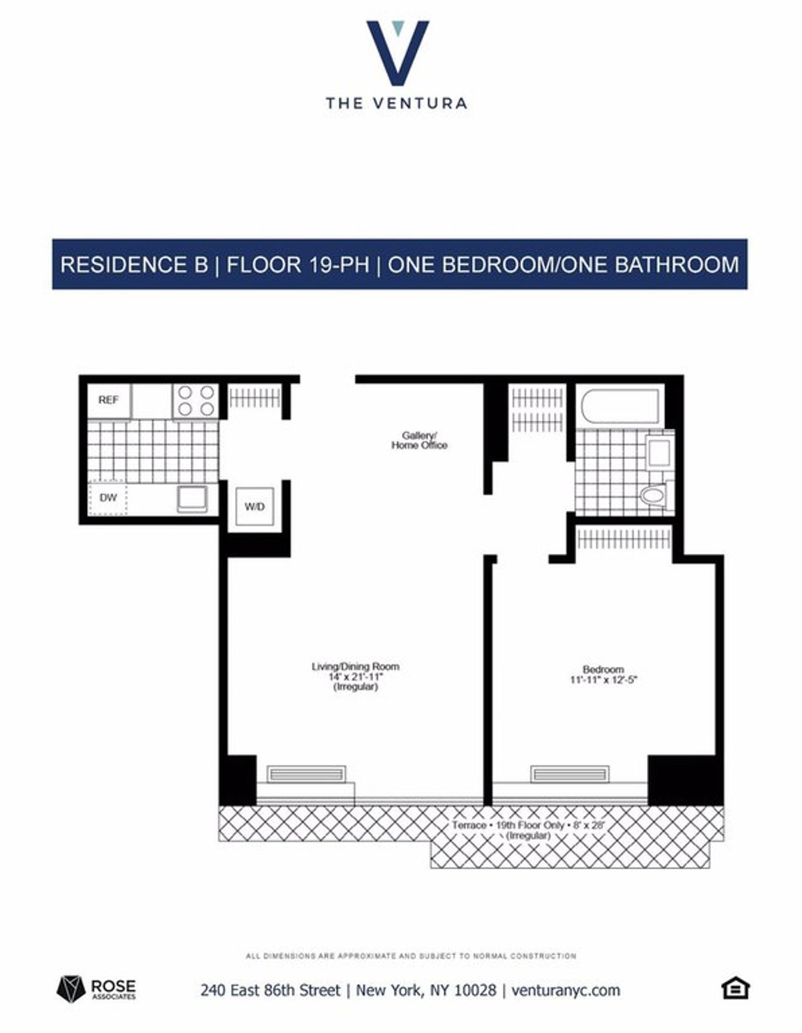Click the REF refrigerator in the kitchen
(x=109, y=400)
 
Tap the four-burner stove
(x=196, y=401)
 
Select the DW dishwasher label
(x=108, y=498)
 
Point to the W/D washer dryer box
(x=254, y=506)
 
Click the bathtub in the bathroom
(x=620, y=406)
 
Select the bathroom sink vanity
(x=659, y=453)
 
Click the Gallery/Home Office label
(x=419, y=440)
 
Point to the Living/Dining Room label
(x=356, y=676)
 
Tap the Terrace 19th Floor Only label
(x=528, y=826)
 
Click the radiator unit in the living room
(x=306, y=774)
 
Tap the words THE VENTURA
(x=396, y=103)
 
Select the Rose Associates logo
(x=96, y=988)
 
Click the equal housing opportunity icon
(x=735, y=988)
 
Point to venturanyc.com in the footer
(x=565, y=990)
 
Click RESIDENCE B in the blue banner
(x=134, y=265)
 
